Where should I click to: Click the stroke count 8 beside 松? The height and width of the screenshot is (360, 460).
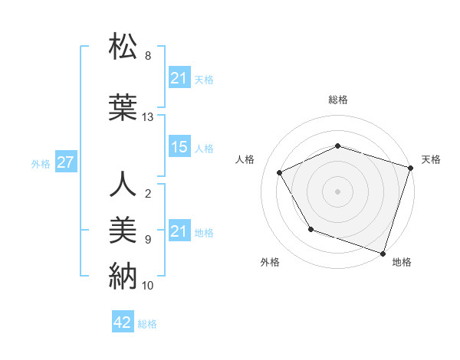pyautogui.click(x=148, y=56)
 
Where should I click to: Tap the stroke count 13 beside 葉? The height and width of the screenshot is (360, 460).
pyautogui.click(x=148, y=117)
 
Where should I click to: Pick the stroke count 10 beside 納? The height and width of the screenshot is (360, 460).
pyautogui.click(x=148, y=286)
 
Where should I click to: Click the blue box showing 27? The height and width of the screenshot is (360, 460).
pyautogui.click(x=65, y=162)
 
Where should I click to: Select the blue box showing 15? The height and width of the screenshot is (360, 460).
pyautogui.click(x=179, y=148)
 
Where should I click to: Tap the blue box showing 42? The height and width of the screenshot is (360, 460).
pyautogui.click(x=122, y=323)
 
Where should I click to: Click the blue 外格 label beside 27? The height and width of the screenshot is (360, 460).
pyautogui.click(x=41, y=163)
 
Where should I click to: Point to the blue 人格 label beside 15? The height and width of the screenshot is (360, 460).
pyautogui.click(x=204, y=149)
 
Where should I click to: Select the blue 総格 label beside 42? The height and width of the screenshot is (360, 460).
pyautogui.click(x=147, y=324)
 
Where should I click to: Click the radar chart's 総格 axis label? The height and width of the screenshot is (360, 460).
pyautogui.click(x=338, y=100)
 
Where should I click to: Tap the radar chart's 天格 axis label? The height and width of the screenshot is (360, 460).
pyautogui.click(x=431, y=159)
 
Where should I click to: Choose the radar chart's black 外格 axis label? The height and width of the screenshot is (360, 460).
pyautogui.click(x=270, y=262)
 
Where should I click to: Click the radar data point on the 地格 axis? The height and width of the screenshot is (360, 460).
pyautogui.click(x=383, y=253)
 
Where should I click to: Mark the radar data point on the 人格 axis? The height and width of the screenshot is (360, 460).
pyautogui.click(x=279, y=172)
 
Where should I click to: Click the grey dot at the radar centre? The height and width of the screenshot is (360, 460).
pyautogui.click(x=338, y=191)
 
